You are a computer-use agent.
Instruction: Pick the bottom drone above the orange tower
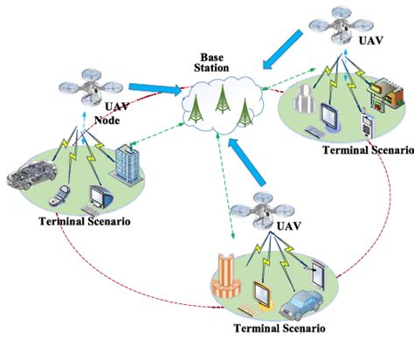257,206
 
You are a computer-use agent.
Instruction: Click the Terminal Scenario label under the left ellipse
86,222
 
